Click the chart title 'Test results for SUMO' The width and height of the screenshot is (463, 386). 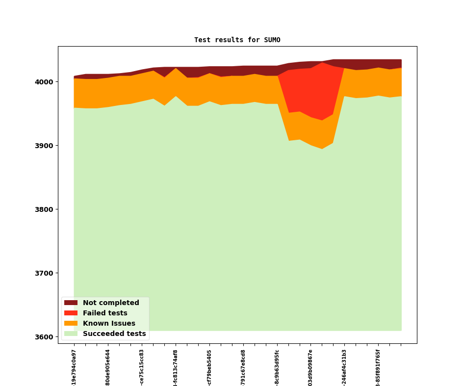tap(237, 40)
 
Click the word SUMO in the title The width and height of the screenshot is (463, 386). tap(271, 40)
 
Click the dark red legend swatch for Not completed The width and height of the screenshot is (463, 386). tap(71, 303)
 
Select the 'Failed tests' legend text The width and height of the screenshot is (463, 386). tap(105, 313)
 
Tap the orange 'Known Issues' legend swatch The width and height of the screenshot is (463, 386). tap(71, 324)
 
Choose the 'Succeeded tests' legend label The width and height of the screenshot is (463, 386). tap(114, 334)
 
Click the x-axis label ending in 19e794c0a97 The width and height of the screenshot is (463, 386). tap(74, 367)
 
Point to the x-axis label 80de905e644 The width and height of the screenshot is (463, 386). tap(108, 367)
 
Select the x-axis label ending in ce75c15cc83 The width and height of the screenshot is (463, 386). tap(142, 367)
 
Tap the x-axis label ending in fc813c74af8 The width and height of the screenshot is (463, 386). tap(176, 367)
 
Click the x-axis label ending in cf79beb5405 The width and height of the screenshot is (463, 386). tap(209, 367)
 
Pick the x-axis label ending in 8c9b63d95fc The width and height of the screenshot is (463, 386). tap(277, 367)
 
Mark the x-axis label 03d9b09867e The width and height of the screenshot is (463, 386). tap(310, 367)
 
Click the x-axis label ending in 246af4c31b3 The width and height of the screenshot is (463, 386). tap(344, 367)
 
